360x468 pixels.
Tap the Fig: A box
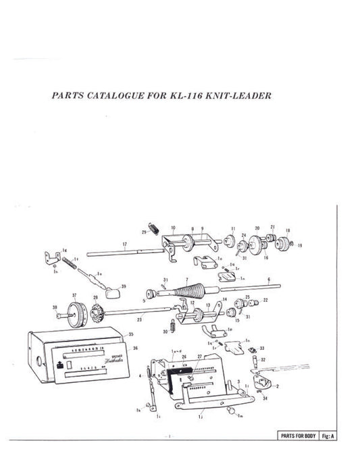pyautogui.click(x=329, y=436)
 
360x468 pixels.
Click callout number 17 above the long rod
pyautogui.click(x=125, y=243)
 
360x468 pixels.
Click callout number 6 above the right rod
pyautogui.click(x=268, y=279)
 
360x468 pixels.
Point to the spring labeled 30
pyautogui.click(x=171, y=326)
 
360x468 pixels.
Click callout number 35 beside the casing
pyautogui.click(x=131, y=334)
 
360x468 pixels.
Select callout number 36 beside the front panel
pyautogui.click(x=135, y=348)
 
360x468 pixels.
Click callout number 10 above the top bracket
pyautogui.click(x=174, y=228)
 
